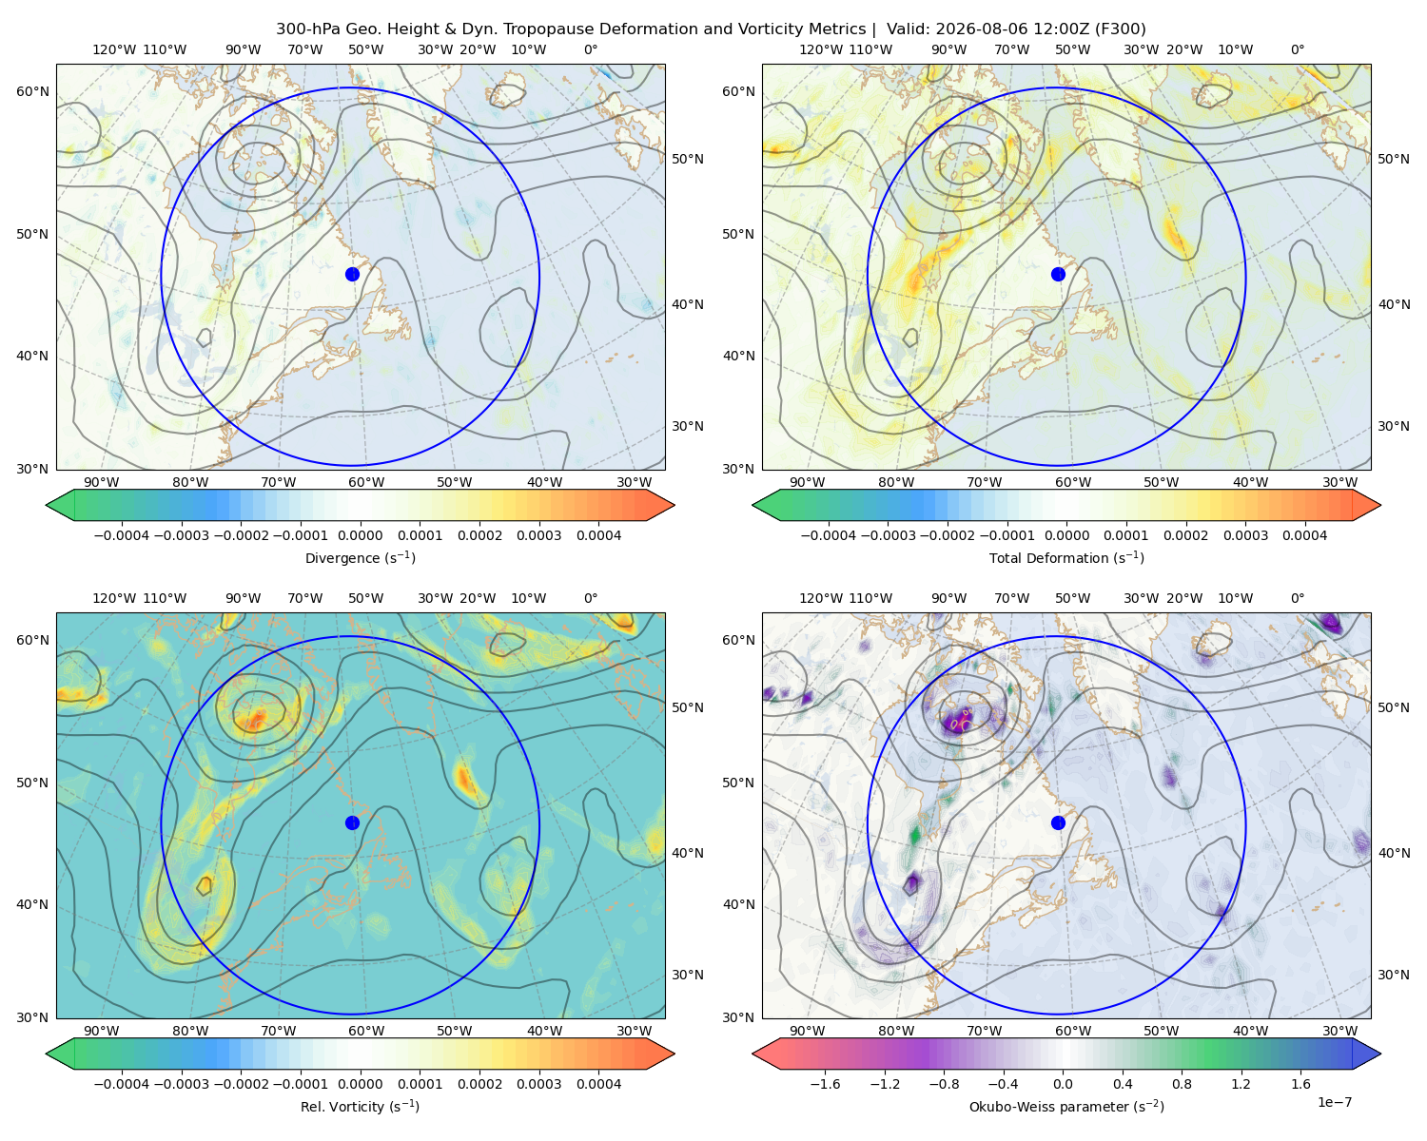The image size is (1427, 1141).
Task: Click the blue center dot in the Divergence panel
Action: (x=352, y=275)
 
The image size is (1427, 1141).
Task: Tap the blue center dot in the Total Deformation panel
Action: (x=1058, y=275)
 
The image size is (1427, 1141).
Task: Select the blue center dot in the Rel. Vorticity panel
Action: (x=352, y=822)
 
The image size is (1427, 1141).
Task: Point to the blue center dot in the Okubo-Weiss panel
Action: (x=1058, y=822)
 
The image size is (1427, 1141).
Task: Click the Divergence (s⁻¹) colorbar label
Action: (x=360, y=558)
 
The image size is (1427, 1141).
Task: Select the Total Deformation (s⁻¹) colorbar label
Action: (x=1066, y=558)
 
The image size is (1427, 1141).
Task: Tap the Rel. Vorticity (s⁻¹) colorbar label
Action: (x=360, y=1107)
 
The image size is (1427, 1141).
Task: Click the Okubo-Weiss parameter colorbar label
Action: (x=1066, y=1107)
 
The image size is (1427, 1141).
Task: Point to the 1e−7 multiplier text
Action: (x=1334, y=1103)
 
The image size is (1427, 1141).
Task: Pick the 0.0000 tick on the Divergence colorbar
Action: (x=360, y=535)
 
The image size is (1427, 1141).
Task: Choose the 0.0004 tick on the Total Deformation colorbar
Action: (x=1304, y=535)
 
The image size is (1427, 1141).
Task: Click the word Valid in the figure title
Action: (x=906, y=29)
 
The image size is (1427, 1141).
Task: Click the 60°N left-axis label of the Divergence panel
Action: (x=32, y=91)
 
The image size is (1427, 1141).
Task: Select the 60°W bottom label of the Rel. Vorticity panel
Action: (x=366, y=1031)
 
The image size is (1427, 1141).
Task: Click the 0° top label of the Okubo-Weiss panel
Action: (x=1297, y=598)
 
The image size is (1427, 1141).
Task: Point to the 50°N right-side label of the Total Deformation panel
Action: (x=1393, y=159)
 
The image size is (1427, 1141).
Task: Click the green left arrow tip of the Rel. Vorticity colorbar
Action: (x=47, y=1054)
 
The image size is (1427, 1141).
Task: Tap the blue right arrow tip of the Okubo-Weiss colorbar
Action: (x=1380, y=1054)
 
